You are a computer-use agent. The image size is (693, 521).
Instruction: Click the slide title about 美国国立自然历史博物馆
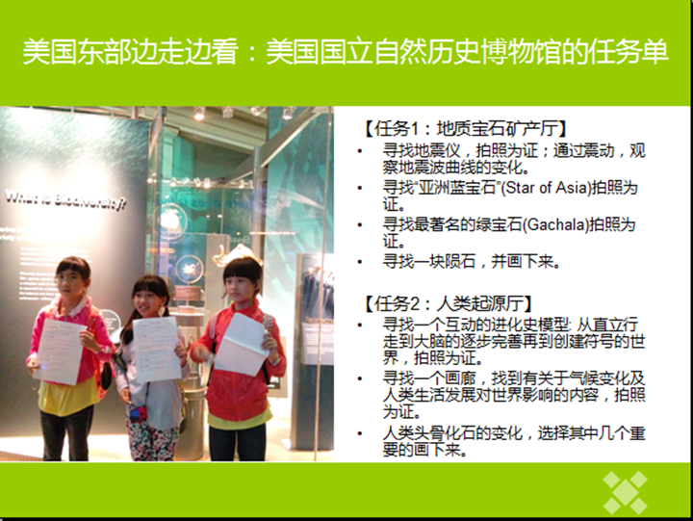pyautogui.click(x=346, y=52)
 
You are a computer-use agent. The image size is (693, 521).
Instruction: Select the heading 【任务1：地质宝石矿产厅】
pyautogui.click(x=464, y=129)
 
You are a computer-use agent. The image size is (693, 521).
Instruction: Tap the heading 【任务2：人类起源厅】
pyautogui.click(x=448, y=304)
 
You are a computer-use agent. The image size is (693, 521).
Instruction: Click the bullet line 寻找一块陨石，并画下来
pyautogui.click(x=472, y=261)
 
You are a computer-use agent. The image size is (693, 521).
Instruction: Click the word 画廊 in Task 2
pyautogui.click(x=460, y=378)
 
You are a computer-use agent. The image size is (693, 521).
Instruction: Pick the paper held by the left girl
pyautogui.click(x=59, y=352)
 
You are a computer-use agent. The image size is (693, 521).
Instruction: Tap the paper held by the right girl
pyautogui.click(x=242, y=344)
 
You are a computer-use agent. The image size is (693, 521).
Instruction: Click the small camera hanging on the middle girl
pyautogui.click(x=139, y=413)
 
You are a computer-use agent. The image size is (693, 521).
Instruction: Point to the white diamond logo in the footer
pyautogui.click(x=625, y=492)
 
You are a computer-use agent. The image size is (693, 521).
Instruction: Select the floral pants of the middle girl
pyautogui.click(x=153, y=438)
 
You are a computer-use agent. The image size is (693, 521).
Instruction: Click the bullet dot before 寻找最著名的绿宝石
pyautogui.click(x=360, y=224)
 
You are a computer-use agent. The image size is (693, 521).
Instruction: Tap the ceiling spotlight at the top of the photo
pyautogui.click(x=199, y=114)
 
